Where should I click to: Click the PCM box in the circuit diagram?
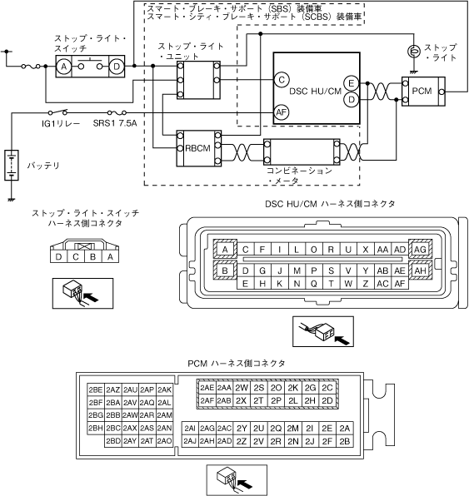(423, 92)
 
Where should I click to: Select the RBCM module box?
(199, 148)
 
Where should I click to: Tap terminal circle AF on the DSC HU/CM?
(282, 112)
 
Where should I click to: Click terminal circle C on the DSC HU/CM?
(282, 80)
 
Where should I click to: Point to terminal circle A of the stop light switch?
(64, 67)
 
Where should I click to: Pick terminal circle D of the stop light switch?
(117, 67)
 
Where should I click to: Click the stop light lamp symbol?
(413, 52)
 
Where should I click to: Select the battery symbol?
(12, 165)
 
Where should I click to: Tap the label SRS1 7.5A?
(115, 123)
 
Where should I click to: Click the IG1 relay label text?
(61, 123)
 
